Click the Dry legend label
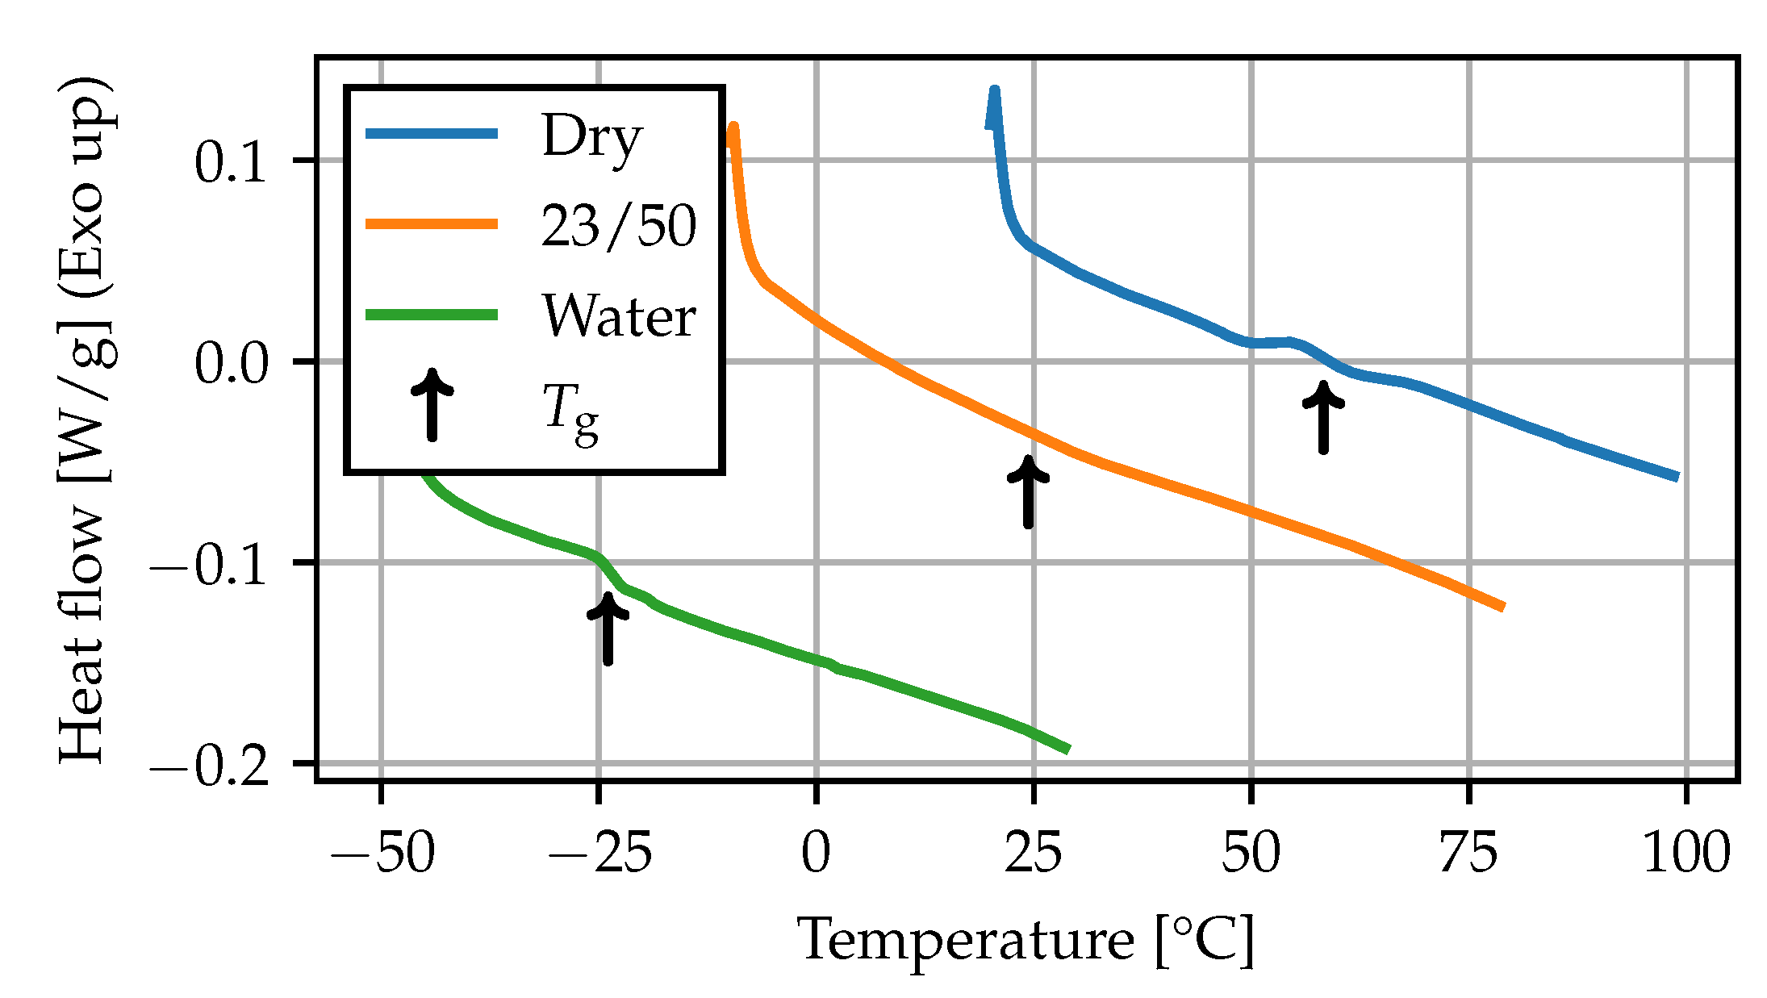coord(591,137)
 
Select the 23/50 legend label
coord(618,226)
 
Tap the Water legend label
coord(618,316)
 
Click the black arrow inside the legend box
coord(432,405)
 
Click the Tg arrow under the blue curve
coord(1323,417)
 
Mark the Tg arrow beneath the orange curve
coord(1028,491)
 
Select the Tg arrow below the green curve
coord(608,628)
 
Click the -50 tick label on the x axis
coord(382,854)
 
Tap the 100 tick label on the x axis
coord(1686,854)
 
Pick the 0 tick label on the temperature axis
coord(816,854)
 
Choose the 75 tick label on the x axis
coord(1468,854)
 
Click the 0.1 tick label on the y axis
coord(230,164)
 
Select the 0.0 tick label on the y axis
coord(230,365)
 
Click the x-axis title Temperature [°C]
coord(1026,941)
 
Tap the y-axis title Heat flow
coord(86,420)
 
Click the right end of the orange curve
coord(1503,607)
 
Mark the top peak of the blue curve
coord(994,91)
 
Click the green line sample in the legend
coord(432,315)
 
